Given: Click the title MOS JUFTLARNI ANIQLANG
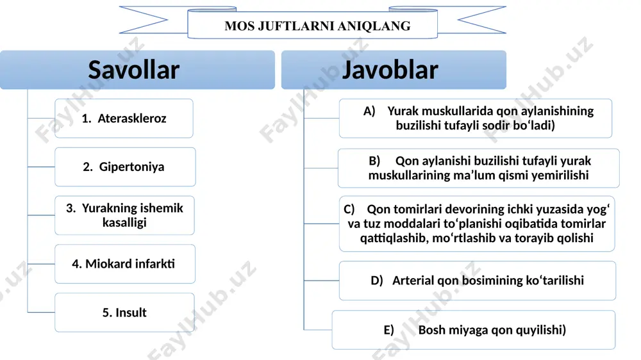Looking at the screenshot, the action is click(317, 26).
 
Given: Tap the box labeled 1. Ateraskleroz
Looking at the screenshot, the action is click(124, 118).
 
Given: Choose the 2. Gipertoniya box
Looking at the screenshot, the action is click(125, 167).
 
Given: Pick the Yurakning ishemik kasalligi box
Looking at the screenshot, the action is click(125, 215).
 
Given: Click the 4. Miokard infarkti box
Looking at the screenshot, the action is click(125, 264).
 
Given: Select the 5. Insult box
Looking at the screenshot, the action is click(125, 313).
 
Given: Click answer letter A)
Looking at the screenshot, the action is click(369, 111).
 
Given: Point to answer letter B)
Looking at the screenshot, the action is click(374, 161).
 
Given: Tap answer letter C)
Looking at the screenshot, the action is click(349, 209).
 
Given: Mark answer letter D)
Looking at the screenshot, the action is click(377, 281).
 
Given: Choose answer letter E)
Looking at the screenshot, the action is click(389, 330).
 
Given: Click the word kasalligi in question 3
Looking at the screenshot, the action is click(125, 223).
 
